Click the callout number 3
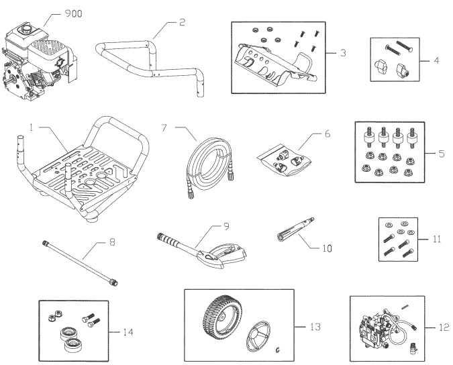pos(343,52)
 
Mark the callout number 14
pos(128,331)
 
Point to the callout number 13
pos(313,327)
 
